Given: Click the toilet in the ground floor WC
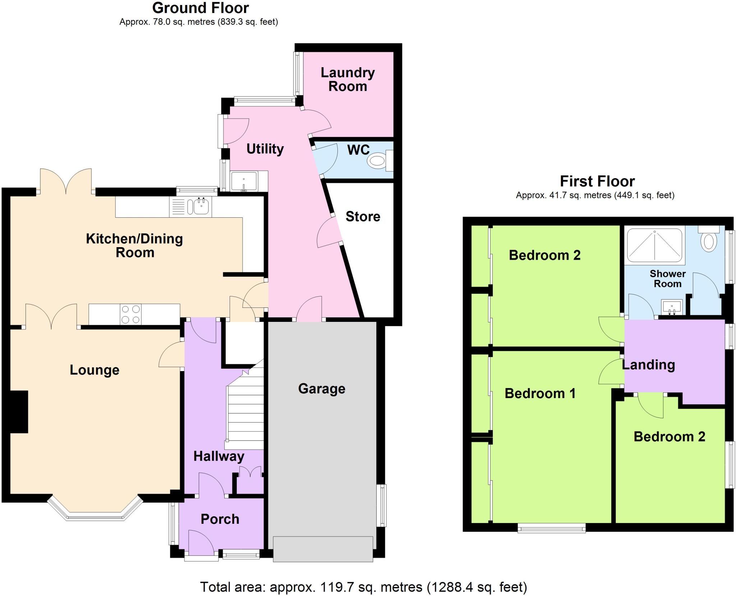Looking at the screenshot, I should pos(378,161).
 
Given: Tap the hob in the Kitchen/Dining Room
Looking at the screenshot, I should pos(130,314).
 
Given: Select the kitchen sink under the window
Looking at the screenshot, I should pos(202,207).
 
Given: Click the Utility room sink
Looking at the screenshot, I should pos(244,181).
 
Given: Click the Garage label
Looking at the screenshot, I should pos(322,389).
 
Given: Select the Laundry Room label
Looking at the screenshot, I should pos(348,79).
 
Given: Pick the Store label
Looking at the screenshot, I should pos(363,217).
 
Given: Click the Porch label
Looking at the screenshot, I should pos(220,519).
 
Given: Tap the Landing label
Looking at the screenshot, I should pos(648,365).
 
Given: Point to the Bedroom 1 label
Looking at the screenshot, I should pos(540,393).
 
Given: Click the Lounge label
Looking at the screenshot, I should pos(95,370).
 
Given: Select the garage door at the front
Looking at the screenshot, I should pos(323,549).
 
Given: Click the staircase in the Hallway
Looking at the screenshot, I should pos(244,413).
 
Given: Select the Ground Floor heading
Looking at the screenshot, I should pos(201,8).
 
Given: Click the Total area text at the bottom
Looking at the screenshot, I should pos(363,587).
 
